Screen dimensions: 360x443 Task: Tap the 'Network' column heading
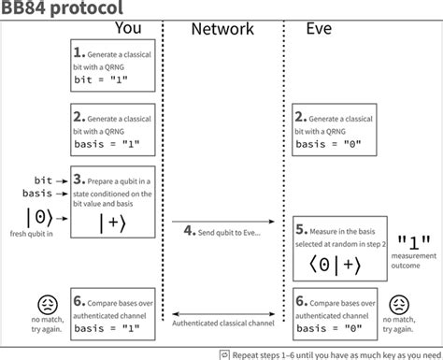pos(221,29)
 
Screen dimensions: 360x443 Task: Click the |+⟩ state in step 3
pos(110,223)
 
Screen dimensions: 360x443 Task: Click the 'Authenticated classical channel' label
pos(222,323)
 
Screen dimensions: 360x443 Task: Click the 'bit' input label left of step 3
pos(42,178)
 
